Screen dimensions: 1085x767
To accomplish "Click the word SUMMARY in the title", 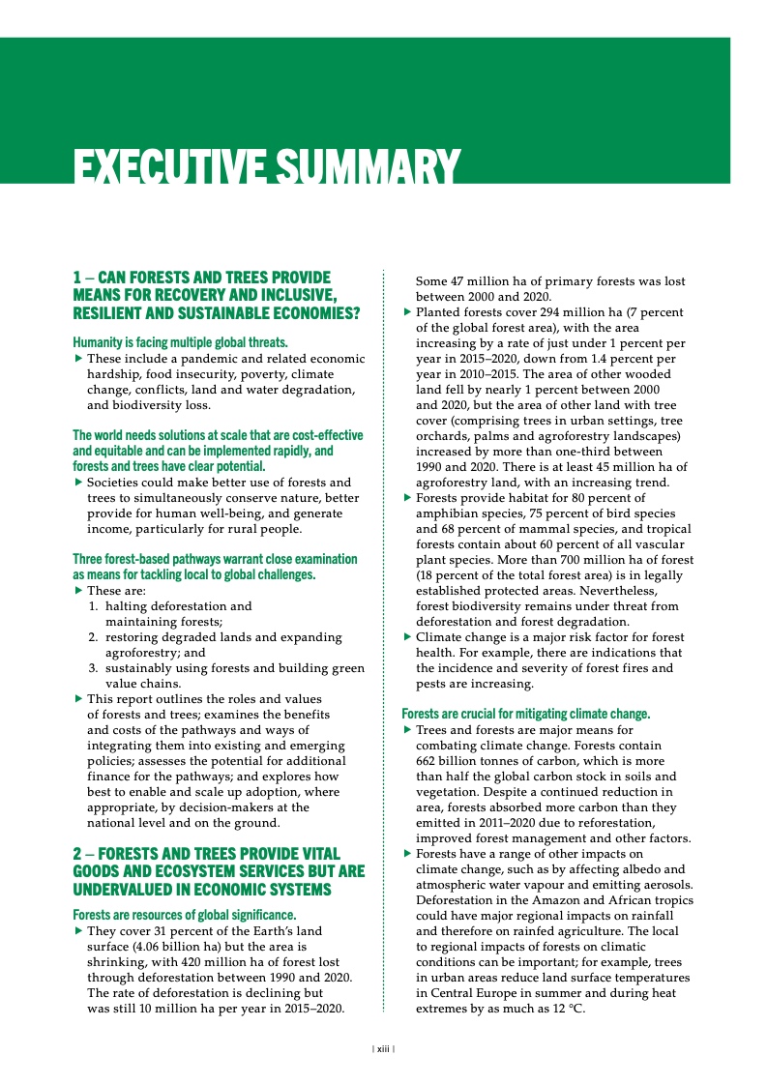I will point(373,166).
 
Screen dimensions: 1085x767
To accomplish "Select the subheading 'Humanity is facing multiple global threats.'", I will point(180,341).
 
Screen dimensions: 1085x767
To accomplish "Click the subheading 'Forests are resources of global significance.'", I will point(184,914).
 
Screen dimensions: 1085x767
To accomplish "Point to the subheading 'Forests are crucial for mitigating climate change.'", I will point(525,714).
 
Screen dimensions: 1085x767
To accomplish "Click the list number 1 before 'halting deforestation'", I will point(93,606).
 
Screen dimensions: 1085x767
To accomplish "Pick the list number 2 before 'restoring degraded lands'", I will point(93,637).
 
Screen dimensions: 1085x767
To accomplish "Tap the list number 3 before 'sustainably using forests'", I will point(93,668).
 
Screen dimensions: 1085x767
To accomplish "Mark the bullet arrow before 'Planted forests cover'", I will point(406,312).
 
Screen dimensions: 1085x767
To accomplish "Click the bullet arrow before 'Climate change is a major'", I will point(406,637).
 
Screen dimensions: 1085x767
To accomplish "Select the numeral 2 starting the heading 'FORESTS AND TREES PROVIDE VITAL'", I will point(77,854).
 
